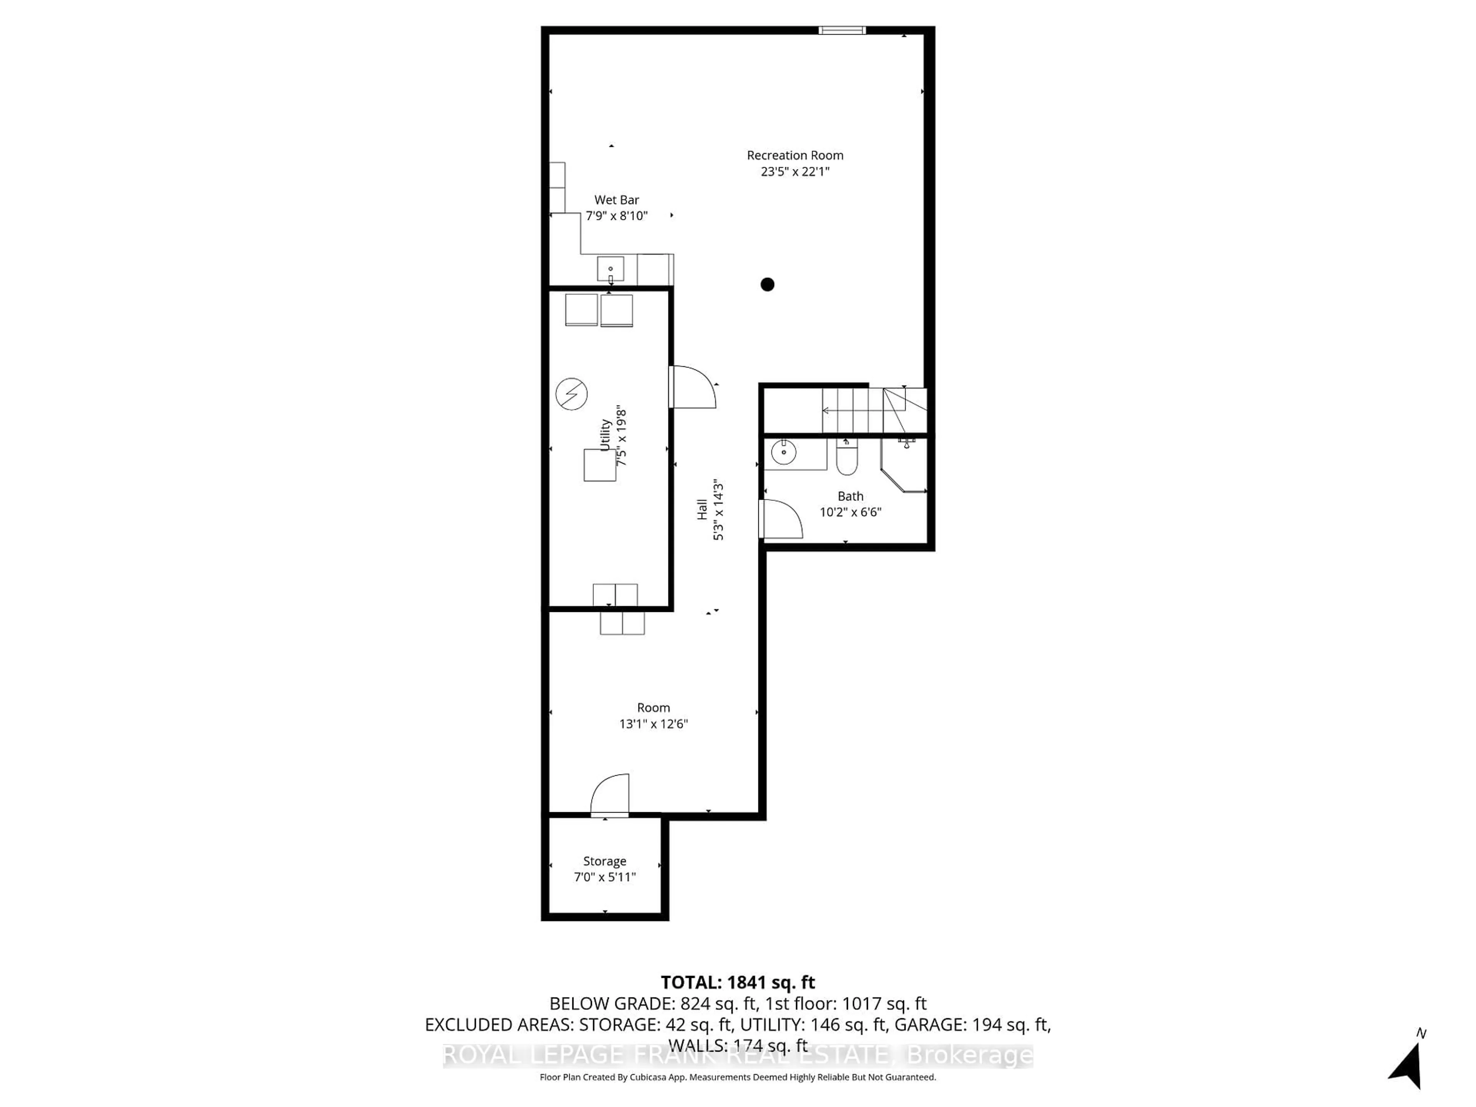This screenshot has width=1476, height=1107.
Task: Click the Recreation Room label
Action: click(x=795, y=155)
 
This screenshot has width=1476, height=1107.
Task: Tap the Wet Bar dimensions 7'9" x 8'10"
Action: click(x=617, y=216)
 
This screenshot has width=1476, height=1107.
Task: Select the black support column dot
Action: click(x=767, y=284)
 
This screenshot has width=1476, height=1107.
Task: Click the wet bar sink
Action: click(x=610, y=269)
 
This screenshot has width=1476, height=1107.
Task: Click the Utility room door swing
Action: click(x=694, y=387)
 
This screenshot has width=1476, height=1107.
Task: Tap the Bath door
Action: click(x=781, y=519)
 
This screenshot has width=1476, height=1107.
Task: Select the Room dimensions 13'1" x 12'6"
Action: click(x=653, y=724)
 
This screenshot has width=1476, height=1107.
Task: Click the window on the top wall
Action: click(x=842, y=30)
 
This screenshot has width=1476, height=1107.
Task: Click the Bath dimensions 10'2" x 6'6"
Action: click(x=850, y=512)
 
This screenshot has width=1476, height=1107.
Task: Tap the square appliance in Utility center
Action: click(x=599, y=465)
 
